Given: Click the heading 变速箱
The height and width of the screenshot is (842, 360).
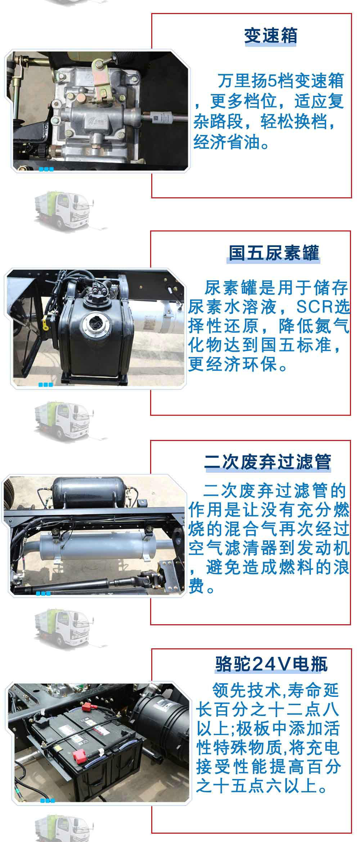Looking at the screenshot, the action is point(271,36).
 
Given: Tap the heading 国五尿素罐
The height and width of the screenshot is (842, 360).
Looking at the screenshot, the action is point(274,253).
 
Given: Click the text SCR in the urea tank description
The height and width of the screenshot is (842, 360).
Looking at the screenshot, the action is point(314,306).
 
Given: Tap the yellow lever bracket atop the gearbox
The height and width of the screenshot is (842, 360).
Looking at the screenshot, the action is point(102,77).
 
